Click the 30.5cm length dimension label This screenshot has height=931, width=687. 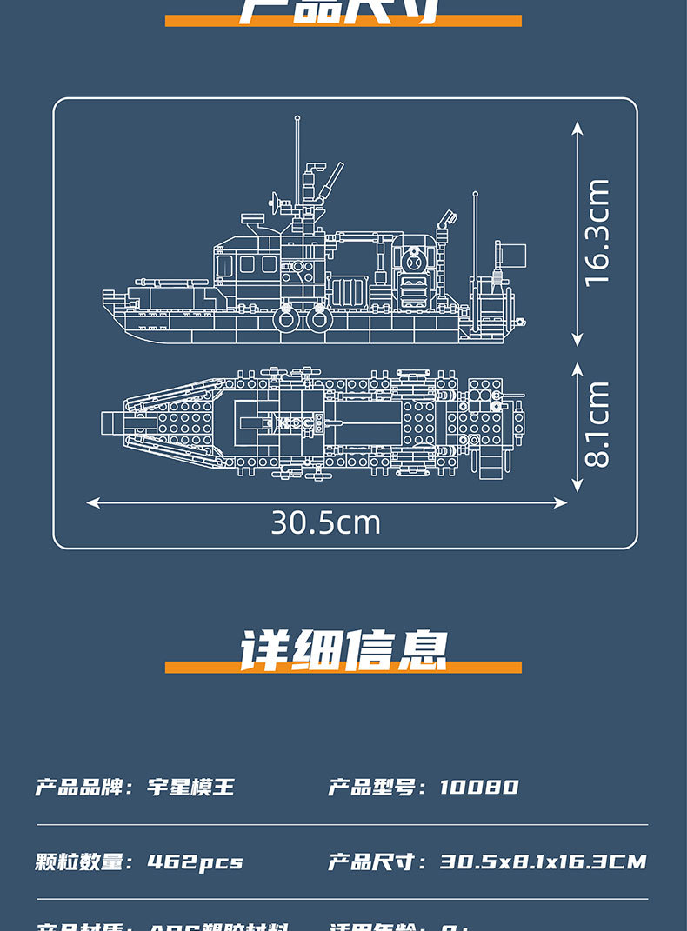pyautogui.click(x=325, y=522)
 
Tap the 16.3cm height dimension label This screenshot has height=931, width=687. pyautogui.click(x=597, y=232)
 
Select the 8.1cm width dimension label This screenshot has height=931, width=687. pyautogui.click(x=597, y=424)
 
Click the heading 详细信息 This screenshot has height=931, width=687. pyautogui.click(x=343, y=649)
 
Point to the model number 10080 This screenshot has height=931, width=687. pyautogui.click(x=478, y=788)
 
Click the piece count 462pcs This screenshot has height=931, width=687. pyautogui.click(x=195, y=862)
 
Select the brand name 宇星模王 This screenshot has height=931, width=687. pyautogui.click(x=191, y=788)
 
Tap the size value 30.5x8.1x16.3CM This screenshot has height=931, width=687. pyautogui.click(x=543, y=862)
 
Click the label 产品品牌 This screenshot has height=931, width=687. pyautogui.click(x=80, y=788)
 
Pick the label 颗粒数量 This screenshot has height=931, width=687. pyautogui.click(x=80, y=862)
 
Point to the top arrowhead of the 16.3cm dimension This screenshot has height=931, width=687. pyautogui.click(x=577, y=127)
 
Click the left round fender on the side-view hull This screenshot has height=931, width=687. pyautogui.click(x=287, y=319)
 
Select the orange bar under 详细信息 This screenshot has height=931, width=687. pyautogui.click(x=343, y=668)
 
